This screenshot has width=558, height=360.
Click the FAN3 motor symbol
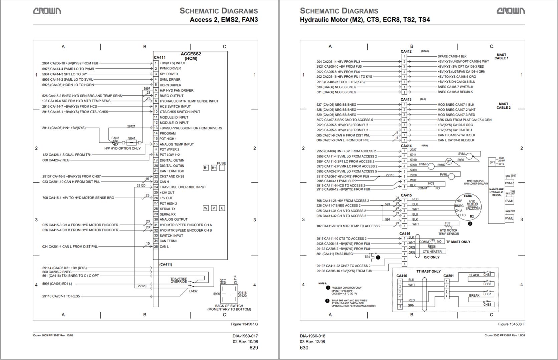point(115,142)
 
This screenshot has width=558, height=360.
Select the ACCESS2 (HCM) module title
point(191,56)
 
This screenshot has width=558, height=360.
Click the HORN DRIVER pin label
point(170,85)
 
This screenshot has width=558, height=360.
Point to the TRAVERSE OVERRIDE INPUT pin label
point(183,187)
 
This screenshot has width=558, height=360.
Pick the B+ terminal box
point(214,168)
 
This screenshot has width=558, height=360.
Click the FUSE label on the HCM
point(221,163)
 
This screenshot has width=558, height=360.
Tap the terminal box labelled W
point(206,208)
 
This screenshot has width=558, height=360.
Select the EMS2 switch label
point(193,291)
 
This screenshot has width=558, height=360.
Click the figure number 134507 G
point(244,324)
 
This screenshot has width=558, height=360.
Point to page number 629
point(254,348)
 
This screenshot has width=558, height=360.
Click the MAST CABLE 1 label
point(501,56)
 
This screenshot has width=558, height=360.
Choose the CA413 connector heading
point(406,99)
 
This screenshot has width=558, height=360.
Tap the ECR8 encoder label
point(468,196)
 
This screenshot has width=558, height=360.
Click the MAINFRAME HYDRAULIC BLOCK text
point(496,192)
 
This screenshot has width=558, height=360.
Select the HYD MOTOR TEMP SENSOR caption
point(449,232)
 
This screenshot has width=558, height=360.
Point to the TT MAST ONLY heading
point(429,271)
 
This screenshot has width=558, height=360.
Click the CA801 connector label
point(448,276)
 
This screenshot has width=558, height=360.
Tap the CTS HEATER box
point(432,252)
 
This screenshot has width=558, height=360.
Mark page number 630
point(304,348)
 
